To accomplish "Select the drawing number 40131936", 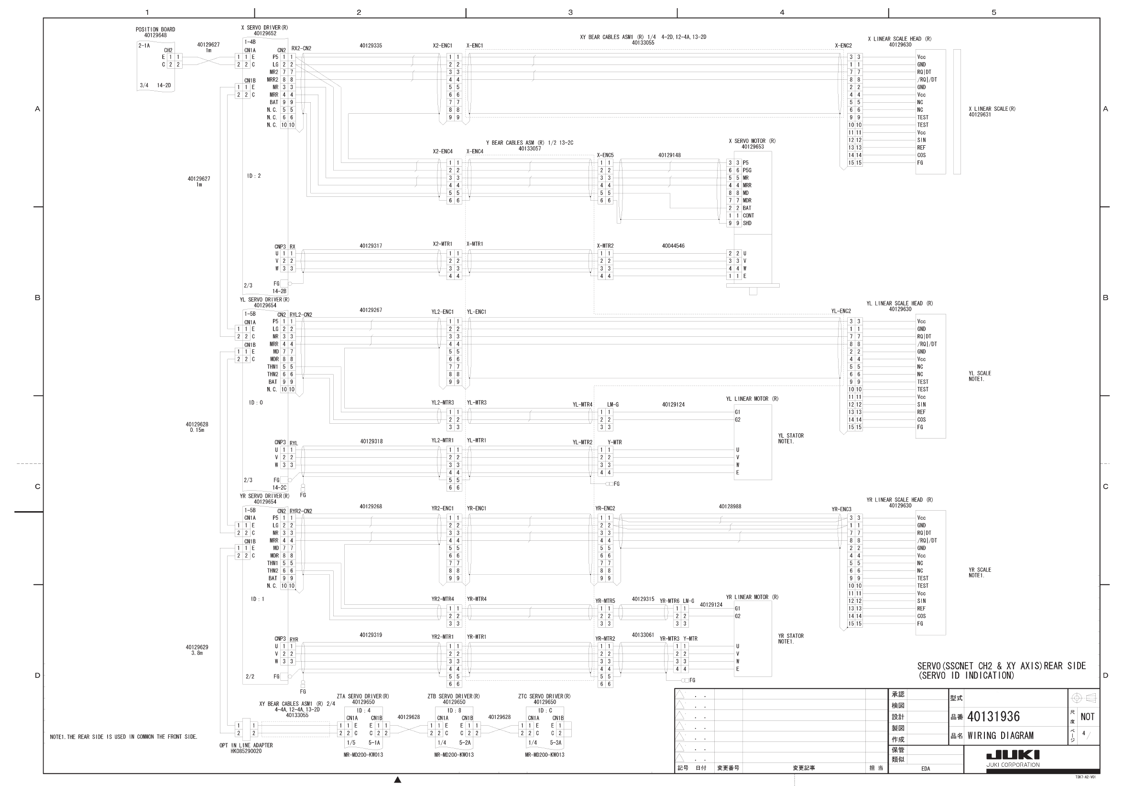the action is pos(993,717).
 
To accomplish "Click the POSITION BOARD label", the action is pos(155,29).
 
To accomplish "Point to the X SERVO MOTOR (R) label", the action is pos(752,141).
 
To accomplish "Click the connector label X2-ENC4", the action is pos(443,151).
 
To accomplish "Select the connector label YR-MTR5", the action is pos(605,601).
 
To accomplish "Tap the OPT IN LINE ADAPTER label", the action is pos(246,745).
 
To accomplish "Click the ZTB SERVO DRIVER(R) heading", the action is pos(453,696).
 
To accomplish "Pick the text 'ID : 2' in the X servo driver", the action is pos(254,176).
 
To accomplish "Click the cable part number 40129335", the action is pos(371,45).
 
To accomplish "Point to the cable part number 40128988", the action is pos(730,506).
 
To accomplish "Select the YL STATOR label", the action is pos(791,435).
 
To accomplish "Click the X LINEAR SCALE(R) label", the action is pos(992,108).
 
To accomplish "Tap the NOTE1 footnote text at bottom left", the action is pos(123,737).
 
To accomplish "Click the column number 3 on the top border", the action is pos(570,12).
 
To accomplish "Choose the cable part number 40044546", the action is pos(673,246).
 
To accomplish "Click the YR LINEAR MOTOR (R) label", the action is pos(752,597).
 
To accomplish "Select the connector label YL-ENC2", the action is pos(841,311).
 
